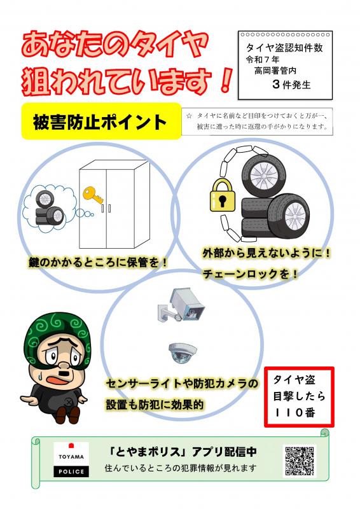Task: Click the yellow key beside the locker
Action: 93,195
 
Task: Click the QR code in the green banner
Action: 300,461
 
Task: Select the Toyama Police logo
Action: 71,459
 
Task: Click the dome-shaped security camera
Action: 183,353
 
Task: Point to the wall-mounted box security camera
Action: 182,305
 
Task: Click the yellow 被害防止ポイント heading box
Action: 101,122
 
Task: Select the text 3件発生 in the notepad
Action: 291,85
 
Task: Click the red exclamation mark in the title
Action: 224,80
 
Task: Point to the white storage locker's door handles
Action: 106,208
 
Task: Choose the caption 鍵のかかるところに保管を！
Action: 97,262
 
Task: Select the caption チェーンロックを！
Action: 250,274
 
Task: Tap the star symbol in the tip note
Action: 190,116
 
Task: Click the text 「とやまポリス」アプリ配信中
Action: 183,452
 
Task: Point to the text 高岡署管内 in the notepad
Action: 275,71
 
